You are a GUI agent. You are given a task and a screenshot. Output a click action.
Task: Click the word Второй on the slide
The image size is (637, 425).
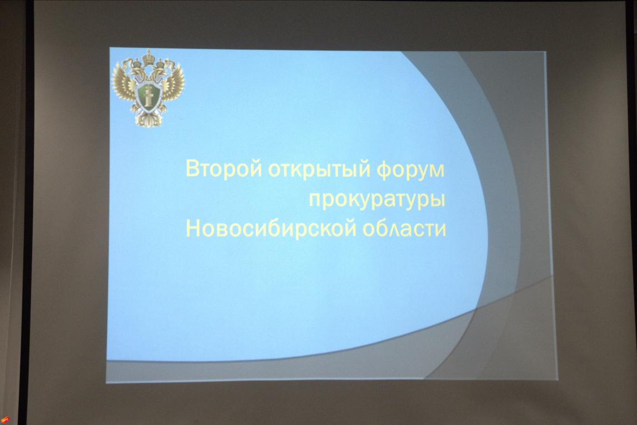223,169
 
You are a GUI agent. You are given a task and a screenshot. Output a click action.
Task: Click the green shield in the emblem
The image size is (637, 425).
148,96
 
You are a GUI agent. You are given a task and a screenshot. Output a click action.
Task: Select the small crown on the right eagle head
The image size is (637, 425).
161,63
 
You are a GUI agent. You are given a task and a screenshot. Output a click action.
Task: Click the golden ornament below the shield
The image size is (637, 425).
149,119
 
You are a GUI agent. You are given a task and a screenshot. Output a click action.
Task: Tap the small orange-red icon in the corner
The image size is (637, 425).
5,419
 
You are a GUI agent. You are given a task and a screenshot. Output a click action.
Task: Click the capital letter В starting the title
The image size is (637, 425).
192,169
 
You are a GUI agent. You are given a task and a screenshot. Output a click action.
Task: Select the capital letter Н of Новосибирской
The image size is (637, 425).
193,228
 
